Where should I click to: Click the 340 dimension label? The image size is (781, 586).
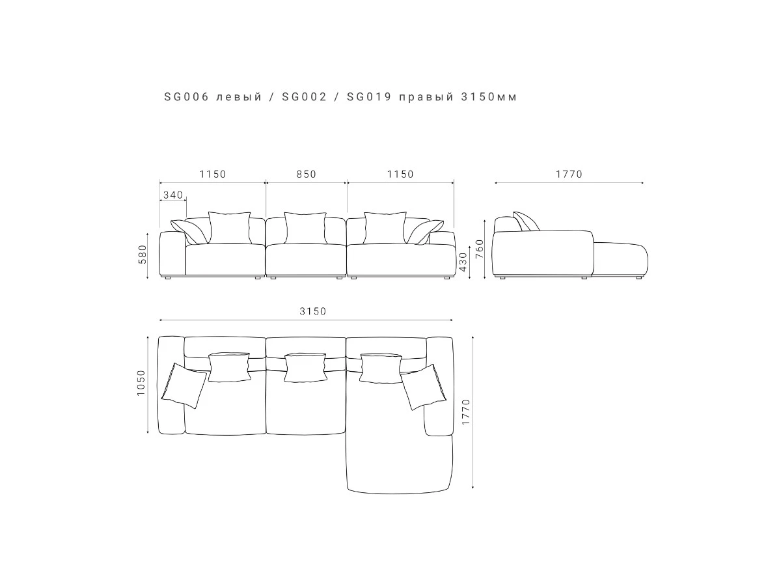173,195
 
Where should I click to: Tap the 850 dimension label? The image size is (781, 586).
307,174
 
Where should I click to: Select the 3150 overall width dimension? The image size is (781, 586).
313,311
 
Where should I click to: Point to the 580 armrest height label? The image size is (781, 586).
143,255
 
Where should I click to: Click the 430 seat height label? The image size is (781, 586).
463,262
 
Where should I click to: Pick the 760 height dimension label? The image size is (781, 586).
480,249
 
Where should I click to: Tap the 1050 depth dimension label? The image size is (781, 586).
141,383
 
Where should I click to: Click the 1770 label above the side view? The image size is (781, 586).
569,174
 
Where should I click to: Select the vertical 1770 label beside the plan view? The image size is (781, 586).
466,412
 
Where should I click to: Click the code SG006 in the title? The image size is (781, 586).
186,97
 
